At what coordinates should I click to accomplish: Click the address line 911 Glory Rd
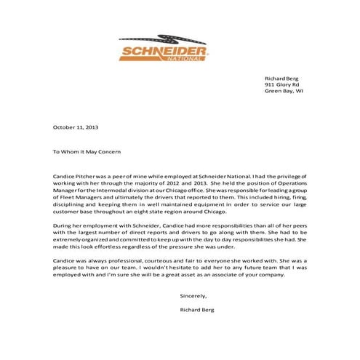[x=284, y=84]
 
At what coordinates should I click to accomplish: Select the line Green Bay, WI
[x=284, y=92]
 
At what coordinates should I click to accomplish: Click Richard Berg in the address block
[x=282, y=76]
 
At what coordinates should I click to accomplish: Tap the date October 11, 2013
[x=76, y=127]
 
